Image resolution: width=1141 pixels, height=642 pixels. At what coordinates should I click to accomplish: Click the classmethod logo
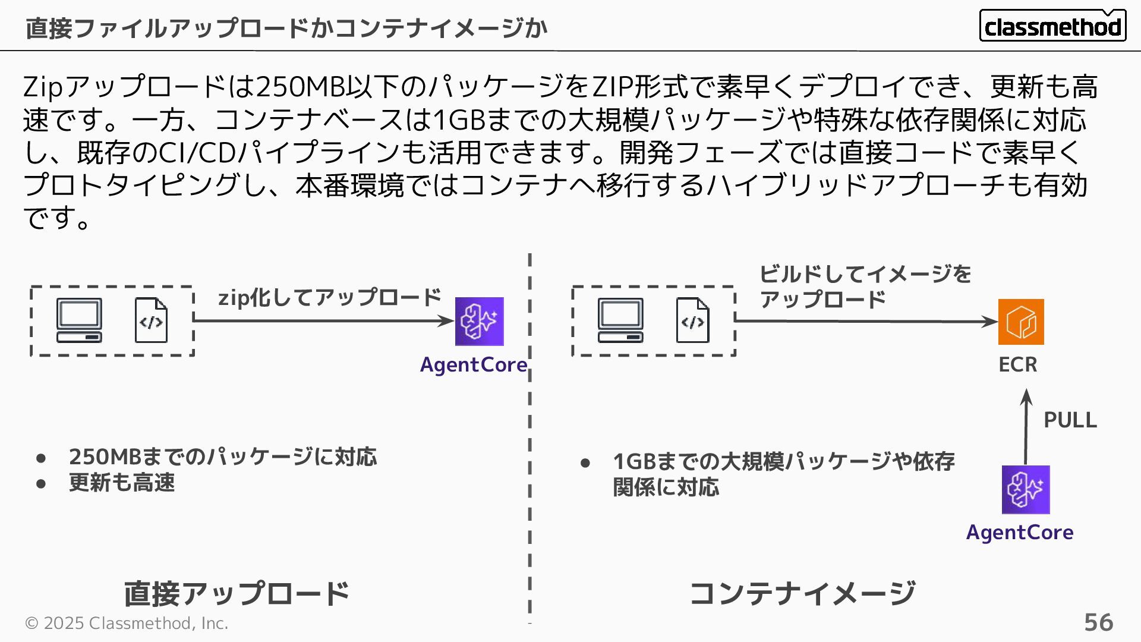click(1052, 26)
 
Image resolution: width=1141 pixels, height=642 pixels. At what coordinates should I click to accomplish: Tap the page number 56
click(1098, 622)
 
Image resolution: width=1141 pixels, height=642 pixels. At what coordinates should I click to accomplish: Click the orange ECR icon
click(1021, 322)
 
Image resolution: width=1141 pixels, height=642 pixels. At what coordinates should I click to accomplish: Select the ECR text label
click(1017, 364)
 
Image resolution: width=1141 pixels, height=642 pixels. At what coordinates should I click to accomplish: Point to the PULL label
click(1070, 420)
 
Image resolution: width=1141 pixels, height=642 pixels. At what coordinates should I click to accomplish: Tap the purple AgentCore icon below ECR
click(1026, 489)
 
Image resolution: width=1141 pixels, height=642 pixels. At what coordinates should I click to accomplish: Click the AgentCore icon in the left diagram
click(479, 321)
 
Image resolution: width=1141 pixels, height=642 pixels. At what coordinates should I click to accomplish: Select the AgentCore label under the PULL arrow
click(1020, 532)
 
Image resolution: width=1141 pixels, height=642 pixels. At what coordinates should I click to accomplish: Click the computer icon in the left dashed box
click(79, 320)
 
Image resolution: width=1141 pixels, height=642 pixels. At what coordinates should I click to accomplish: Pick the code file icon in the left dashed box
click(151, 320)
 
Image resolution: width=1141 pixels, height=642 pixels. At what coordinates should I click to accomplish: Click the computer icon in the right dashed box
click(620, 320)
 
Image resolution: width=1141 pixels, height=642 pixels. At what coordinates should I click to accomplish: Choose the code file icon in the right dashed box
click(692, 320)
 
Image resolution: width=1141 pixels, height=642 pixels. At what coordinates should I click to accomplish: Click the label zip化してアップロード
click(330, 297)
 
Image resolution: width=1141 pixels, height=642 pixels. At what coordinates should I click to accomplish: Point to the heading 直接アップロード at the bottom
click(237, 593)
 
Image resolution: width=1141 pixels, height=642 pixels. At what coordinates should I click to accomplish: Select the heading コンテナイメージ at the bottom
click(802, 593)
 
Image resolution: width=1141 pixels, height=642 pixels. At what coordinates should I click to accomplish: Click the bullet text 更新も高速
click(122, 482)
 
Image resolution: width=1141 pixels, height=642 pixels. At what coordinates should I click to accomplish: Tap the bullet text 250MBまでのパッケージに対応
click(223, 457)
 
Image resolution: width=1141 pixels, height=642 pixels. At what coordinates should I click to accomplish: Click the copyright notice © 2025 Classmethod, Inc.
click(127, 623)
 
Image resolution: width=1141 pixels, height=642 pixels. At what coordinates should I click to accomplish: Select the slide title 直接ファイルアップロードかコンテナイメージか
click(286, 28)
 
